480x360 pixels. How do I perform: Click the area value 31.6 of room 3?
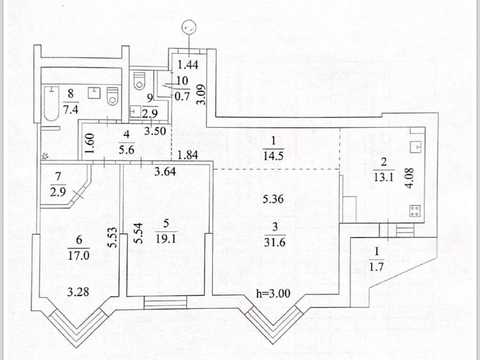pyautogui.click(x=275, y=242)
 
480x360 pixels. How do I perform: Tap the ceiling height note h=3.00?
pyautogui.click(x=273, y=293)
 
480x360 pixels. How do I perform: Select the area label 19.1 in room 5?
pyautogui.click(x=166, y=239)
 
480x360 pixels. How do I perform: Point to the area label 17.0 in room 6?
pyautogui.click(x=79, y=255)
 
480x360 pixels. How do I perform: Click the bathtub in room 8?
pyautogui.click(x=51, y=103)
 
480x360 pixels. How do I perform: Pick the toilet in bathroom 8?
pyautogui.click(x=113, y=96)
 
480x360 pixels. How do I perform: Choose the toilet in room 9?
pyautogui.click(x=139, y=81)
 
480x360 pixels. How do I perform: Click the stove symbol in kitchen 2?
pyautogui.click(x=415, y=211)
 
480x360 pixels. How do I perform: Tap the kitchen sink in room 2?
pyautogui.click(x=416, y=146)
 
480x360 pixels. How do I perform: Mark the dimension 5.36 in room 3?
pyautogui.click(x=273, y=199)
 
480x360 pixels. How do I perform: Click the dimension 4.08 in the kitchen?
pyautogui.click(x=410, y=178)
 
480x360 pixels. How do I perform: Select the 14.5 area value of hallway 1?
pyautogui.click(x=273, y=155)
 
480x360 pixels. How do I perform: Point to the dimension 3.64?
pyautogui.click(x=165, y=171)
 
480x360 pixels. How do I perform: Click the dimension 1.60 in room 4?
pyautogui.click(x=90, y=143)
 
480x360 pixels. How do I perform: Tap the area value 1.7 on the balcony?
pyautogui.click(x=376, y=267)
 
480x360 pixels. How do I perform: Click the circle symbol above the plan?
pyautogui.click(x=189, y=28)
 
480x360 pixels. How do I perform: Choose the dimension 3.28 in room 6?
pyautogui.click(x=78, y=292)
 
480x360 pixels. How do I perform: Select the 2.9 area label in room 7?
pyautogui.click(x=58, y=192)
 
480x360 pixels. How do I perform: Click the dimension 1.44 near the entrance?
pyautogui.click(x=188, y=65)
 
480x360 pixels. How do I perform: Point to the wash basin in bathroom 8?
pyautogui.click(x=95, y=93)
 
